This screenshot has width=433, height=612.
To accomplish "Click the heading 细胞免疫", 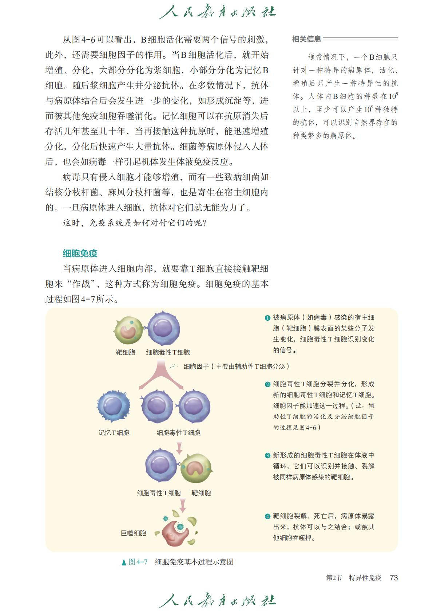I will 80,253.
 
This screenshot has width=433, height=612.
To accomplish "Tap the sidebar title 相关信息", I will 306,39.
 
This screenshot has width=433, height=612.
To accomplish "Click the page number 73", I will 393,577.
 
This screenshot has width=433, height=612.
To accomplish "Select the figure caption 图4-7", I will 138,562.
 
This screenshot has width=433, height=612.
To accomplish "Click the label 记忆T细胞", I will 114,432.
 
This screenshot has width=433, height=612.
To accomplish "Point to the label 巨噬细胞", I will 133,533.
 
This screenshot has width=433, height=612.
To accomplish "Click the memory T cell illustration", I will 113,407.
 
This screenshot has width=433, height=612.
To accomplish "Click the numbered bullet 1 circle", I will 267,318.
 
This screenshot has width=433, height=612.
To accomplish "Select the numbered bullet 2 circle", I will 267,384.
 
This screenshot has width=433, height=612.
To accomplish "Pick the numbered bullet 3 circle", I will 267,456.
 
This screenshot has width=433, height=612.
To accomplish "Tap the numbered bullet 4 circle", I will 267,516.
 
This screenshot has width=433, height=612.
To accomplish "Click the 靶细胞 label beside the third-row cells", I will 201,493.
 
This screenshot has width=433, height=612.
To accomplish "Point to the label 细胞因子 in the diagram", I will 196,366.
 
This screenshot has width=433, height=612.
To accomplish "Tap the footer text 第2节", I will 334,577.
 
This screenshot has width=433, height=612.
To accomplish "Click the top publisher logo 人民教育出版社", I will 217,12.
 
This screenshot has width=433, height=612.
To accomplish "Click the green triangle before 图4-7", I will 124,562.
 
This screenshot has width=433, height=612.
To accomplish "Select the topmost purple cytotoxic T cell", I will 163,329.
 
